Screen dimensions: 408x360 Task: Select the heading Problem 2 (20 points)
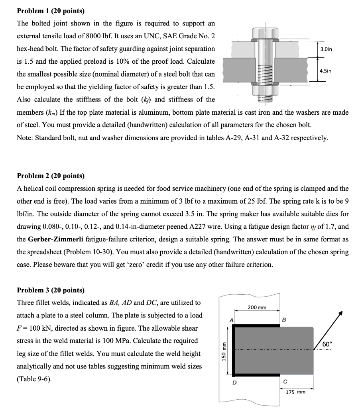pyautogui.click(x=51, y=176)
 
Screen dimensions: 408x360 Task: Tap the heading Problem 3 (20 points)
pyautogui.click(x=51, y=290)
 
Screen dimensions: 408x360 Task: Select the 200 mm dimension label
pyautogui.click(x=257, y=307)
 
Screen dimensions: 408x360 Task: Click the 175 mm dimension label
pyautogui.click(x=295, y=392)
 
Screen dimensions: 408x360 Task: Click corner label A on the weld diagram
pyautogui.click(x=230, y=319)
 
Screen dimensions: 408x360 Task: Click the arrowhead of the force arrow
pyautogui.click(x=340, y=314)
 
